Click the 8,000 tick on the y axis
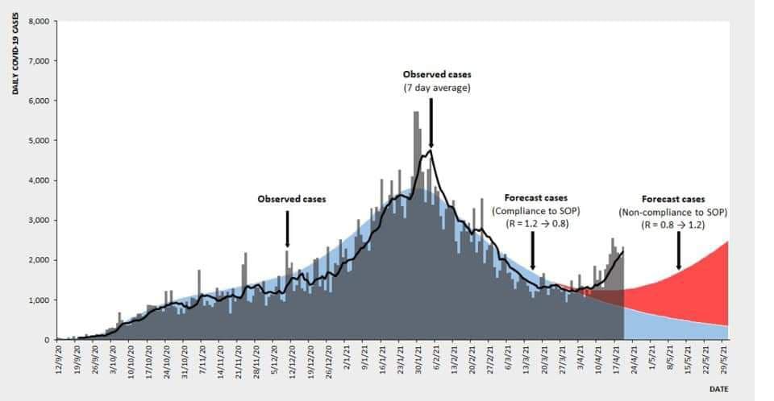pyautogui.click(x=39, y=21)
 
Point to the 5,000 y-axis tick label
pyautogui.click(x=39, y=140)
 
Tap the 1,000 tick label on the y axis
pyautogui.click(x=39, y=300)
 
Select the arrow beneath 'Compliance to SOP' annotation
pyautogui.click(x=532, y=255)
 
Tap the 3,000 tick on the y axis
pyautogui.click(x=39, y=220)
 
